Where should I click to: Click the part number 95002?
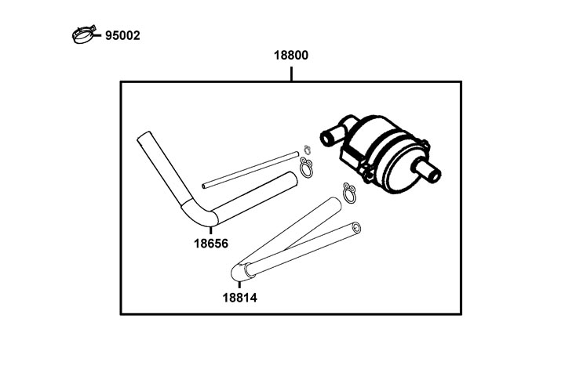(x=122, y=35)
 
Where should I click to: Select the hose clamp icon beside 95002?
(x=84, y=35)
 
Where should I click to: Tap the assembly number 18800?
(x=291, y=56)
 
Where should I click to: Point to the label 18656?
(x=211, y=244)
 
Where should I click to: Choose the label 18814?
(x=240, y=298)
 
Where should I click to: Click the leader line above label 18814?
(x=239, y=287)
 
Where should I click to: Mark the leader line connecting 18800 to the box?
(x=291, y=74)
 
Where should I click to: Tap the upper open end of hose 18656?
(x=144, y=137)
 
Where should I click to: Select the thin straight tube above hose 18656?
(x=250, y=170)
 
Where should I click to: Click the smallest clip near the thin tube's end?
(x=307, y=148)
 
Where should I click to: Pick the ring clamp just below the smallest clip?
(x=306, y=168)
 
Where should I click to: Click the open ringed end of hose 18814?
(x=357, y=228)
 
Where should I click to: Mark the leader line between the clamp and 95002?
(x=97, y=35)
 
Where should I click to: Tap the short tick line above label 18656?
(x=210, y=231)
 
